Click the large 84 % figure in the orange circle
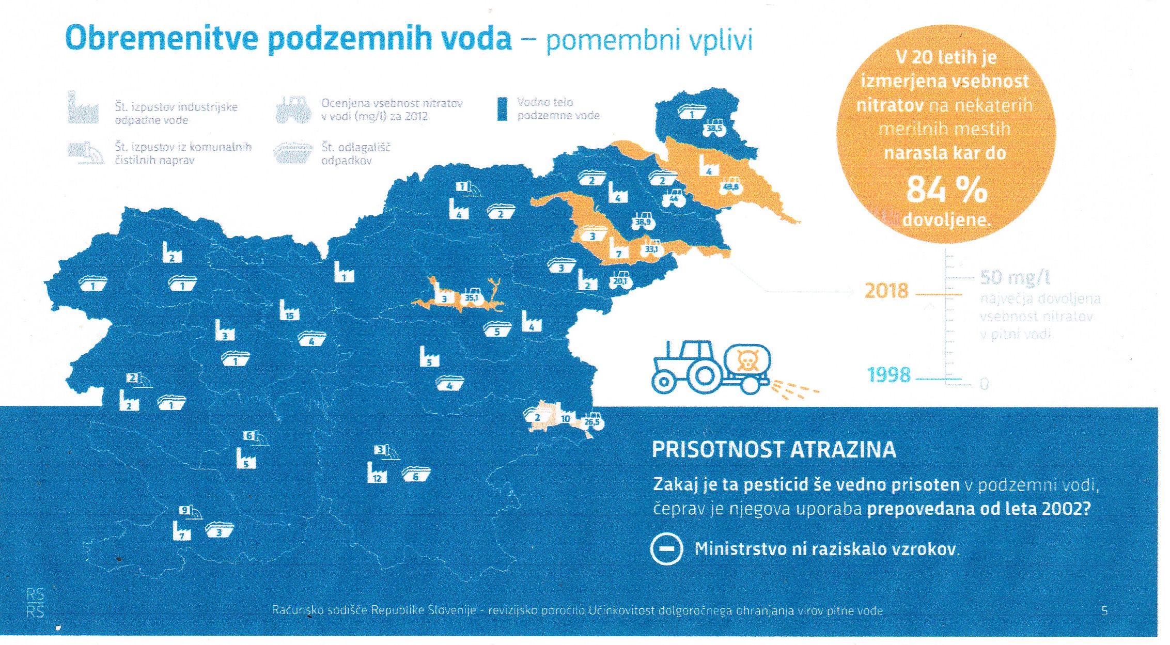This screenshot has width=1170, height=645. (x=946, y=190)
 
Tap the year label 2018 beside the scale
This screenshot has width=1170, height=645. (x=886, y=291)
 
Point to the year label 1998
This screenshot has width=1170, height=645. (x=888, y=375)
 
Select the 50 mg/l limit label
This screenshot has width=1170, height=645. (x=1015, y=278)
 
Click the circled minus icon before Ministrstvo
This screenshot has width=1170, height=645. (x=666, y=548)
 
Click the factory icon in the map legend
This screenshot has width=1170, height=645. (x=83, y=108)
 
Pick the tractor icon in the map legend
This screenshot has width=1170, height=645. (x=293, y=109)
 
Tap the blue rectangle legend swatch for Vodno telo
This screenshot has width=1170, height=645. (x=502, y=109)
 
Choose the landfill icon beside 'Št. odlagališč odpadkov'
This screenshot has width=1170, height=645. (x=293, y=152)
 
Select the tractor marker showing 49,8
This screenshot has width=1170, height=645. (x=731, y=186)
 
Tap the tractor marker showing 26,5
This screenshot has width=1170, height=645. (x=592, y=421)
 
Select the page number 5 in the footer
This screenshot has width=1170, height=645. (x=1104, y=611)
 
